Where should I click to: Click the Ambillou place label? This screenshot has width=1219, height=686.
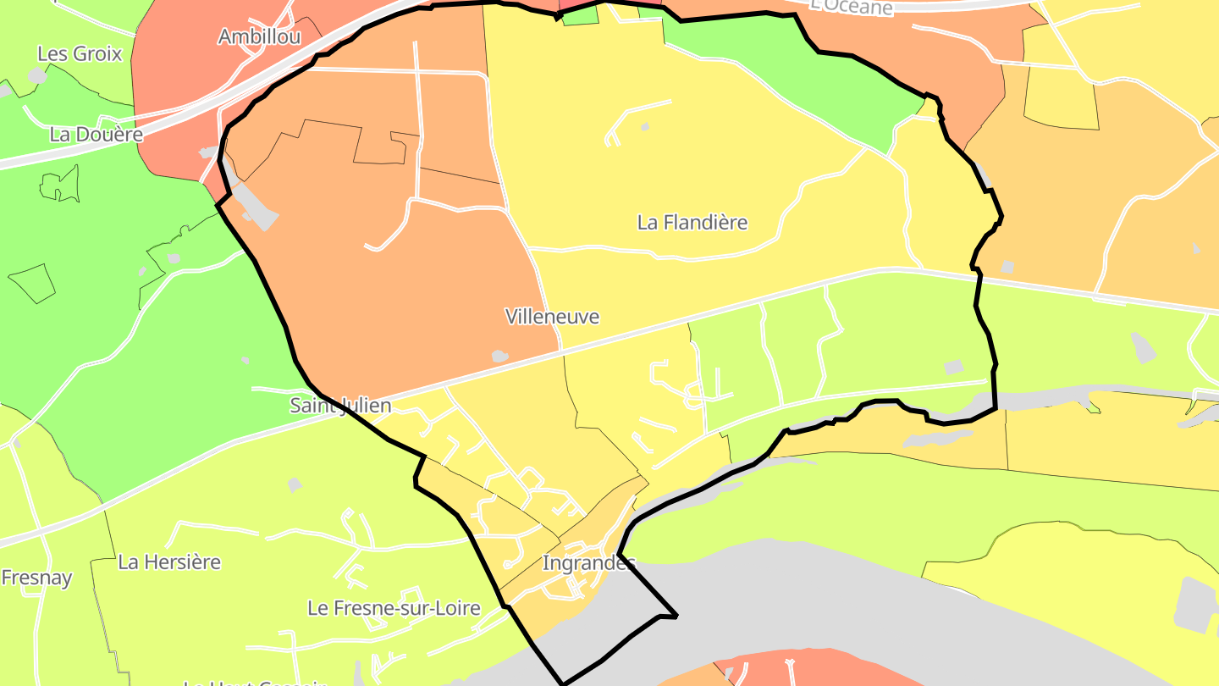tap(247, 37)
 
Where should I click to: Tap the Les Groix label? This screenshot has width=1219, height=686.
tap(80, 54)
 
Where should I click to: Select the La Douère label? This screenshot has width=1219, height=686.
tap(96, 134)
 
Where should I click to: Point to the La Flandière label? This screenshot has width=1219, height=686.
tap(692, 223)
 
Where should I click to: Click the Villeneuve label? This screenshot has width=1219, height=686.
tap(552, 317)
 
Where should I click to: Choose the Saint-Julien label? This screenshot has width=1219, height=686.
tap(340, 406)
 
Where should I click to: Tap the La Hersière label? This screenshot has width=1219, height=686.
tap(169, 562)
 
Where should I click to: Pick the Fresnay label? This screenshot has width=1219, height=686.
tap(36, 578)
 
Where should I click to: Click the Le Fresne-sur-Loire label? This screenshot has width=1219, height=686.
tap(394, 608)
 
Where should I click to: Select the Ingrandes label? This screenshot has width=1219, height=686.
tap(587, 563)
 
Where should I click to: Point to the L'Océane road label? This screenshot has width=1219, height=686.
tap(851, 7)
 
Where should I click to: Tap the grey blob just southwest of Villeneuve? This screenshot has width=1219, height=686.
tap(500, 357)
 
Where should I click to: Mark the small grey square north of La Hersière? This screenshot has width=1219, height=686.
tap(295, 484)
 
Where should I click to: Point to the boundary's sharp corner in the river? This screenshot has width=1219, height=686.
tap(676, 616)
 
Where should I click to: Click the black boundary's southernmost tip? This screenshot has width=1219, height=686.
tap(563, 683)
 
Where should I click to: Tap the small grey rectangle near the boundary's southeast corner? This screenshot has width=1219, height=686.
tap(954, 367)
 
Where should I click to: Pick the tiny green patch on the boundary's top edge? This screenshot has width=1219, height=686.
tap(580, 15)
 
